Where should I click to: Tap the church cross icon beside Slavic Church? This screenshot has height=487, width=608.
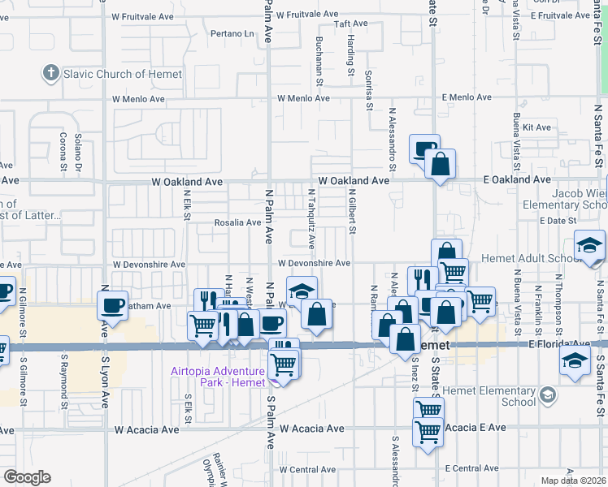(x=51, y=74)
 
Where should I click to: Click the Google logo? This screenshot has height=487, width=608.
(x=28, y=477)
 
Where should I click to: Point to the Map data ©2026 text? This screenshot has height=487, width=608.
(x=573, y=481)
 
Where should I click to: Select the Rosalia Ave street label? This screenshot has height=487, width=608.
(x=237, y=222)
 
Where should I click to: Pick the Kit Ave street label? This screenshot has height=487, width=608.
(x=537, y=127)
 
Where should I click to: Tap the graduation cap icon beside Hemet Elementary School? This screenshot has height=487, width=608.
(x=548, y=396)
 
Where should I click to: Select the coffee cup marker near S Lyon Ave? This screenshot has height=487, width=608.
(x=112, y=306)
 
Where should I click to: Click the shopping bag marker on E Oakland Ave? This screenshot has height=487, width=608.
(x=440, y=164)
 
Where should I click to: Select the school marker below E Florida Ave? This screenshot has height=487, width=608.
(x=575, y=360)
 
